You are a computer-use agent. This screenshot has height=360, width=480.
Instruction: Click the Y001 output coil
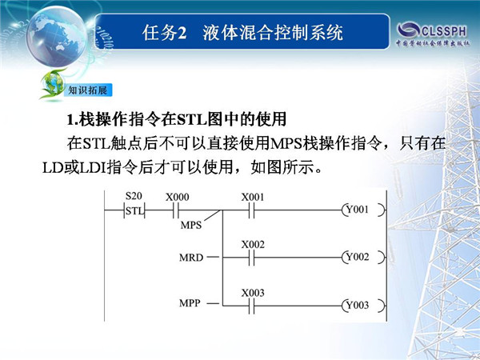point(363,210)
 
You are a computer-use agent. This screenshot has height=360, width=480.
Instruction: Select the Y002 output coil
point(363,257)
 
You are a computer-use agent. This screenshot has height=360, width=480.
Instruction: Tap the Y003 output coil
point(363,306)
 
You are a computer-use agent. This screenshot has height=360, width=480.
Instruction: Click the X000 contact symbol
point(176,210)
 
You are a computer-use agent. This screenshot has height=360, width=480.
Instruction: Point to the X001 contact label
point(253,197)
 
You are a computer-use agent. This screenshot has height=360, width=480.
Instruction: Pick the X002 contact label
point(253,245)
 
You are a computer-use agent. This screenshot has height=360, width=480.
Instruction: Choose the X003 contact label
point(253,293)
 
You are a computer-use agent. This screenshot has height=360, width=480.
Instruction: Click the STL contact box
point(134,210)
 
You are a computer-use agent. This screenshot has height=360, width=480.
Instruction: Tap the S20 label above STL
point(134,196)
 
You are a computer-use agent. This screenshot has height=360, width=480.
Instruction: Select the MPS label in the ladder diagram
point(191,226)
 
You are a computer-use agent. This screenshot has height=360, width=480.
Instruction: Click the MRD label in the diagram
point(191,258)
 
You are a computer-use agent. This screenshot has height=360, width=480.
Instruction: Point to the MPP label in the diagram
point(190,303)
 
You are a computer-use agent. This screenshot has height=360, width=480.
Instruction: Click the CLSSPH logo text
point(444,31)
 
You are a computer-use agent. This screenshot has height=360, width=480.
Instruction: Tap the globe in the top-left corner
point(57,37)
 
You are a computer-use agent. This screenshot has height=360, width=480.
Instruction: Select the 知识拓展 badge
point(87,90)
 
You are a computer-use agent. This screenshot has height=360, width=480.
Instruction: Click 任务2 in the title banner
point(164,33)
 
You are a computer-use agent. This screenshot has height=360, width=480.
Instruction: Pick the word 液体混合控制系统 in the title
point(273,33)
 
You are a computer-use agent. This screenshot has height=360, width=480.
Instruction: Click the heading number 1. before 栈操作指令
point(73,119)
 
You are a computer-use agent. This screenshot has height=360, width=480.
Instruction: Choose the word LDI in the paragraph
point(93,168)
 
